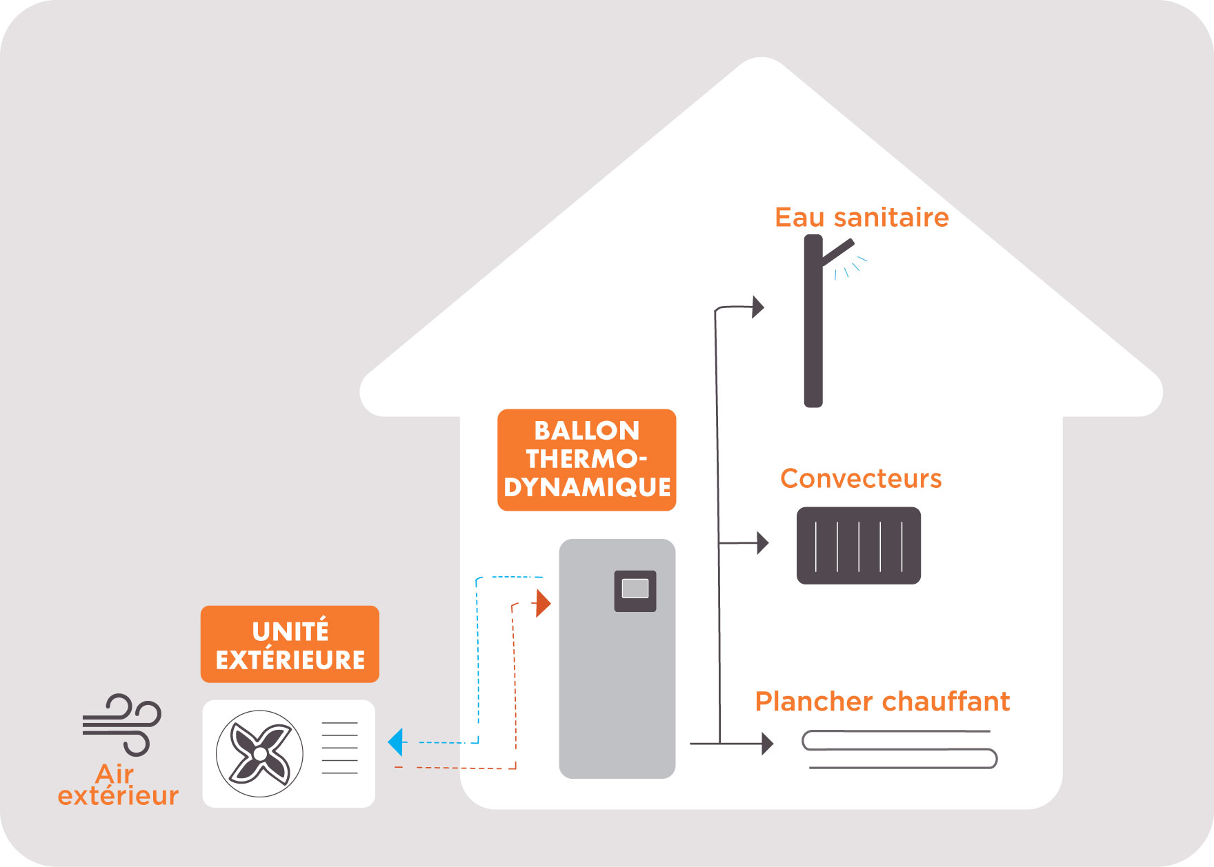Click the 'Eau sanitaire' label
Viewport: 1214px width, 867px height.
coord(862,217)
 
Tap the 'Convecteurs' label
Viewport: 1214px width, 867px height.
coord(861,478)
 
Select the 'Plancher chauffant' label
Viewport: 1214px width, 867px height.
coord(882,702)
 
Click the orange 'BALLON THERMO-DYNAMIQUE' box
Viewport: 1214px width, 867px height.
coord(586,459)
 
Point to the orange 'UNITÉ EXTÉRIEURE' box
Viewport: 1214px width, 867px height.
coord(290,644)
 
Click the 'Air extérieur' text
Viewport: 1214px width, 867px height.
coord(117,785)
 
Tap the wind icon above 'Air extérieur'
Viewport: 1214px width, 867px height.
coord(122,724)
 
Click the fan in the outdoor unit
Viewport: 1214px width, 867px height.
coord(259,754)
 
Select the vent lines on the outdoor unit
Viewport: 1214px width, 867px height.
coord(339,748)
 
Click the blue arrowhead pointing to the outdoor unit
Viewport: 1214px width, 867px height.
coord(395,742)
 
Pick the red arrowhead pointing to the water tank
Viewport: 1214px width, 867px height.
coord(543,603)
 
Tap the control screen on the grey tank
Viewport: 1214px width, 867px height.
coord(635,590)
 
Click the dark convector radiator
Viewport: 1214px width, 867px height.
coord(858,546)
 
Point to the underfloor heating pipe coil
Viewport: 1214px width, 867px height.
coord(899,749)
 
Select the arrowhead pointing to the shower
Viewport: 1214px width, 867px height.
coord(758,307)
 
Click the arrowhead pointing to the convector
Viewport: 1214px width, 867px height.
coord(762,543)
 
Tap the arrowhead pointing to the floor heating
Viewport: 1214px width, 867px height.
coord(767,744)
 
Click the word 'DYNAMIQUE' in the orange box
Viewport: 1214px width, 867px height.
coord(587,487)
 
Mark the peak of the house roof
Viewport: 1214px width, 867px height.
coord(761,59)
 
